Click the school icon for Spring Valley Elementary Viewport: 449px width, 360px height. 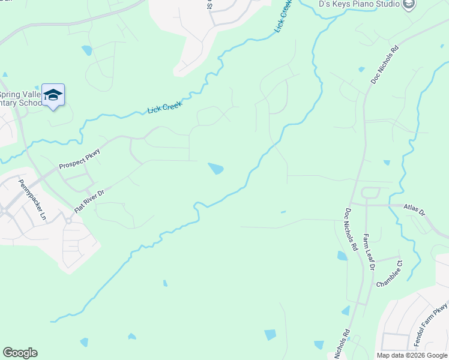click(53, 95)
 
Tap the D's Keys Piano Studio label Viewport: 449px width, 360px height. click(359, 4)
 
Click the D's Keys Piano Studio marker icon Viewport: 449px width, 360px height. click(409, 4)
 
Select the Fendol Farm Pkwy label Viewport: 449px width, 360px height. click(431, 326)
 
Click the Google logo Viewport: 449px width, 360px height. click(20, 353)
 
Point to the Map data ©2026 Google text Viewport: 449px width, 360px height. click(411, 355)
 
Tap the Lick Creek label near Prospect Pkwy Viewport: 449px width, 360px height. click(164, 107)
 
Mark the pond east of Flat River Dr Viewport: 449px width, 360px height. click(215, 169)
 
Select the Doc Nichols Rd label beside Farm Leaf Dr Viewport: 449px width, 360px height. click(351, 230)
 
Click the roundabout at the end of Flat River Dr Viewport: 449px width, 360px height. click(69, 221)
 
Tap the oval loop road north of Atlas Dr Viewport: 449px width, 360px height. click(370, 193)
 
